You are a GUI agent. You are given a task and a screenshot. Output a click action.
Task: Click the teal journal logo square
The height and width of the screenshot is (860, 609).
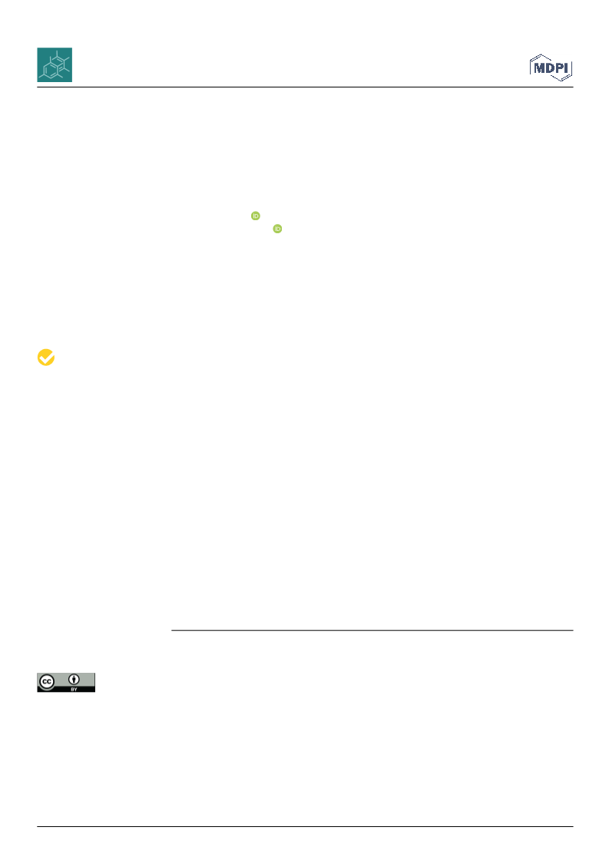(55, 64)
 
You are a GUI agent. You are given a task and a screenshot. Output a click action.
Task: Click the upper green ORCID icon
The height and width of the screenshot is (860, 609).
(256, 216)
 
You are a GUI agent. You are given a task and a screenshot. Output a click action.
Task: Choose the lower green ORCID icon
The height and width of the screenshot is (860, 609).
(277, 229)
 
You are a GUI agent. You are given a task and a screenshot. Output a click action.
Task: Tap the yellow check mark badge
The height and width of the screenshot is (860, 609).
(46, 357)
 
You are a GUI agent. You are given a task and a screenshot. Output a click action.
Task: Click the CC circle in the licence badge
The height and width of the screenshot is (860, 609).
(47, 682)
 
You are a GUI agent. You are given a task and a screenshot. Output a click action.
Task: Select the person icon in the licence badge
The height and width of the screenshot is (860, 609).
(74, 680)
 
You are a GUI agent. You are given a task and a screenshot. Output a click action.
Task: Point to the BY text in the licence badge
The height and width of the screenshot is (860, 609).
(74, 689)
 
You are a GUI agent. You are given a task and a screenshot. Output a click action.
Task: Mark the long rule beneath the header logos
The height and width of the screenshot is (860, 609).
(305, 87)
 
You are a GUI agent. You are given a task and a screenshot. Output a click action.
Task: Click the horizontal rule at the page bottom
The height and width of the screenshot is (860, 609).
(305, 826)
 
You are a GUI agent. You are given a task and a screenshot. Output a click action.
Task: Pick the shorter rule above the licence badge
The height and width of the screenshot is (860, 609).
(372, 630)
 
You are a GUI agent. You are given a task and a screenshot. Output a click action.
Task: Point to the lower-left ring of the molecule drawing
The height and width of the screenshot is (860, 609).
(49, 71)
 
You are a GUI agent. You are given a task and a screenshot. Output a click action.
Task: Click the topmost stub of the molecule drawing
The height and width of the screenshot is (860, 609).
(57, 54)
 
